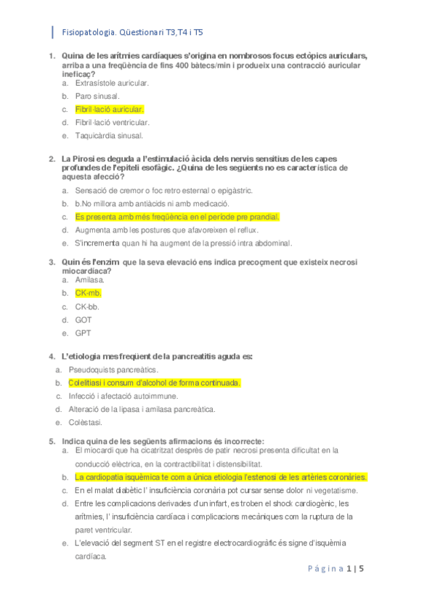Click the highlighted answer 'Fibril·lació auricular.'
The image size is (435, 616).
tap(110, 109)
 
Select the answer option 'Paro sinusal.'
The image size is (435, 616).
tap(97, 96)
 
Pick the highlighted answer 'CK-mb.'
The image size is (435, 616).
tap(88, 293)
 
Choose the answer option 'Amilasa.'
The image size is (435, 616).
tap(90, 280)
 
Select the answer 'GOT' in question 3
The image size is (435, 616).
tap(84, 320)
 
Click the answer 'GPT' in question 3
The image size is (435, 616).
tap(83, 333)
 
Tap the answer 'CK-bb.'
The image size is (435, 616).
tap(87, 307)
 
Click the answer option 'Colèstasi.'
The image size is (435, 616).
tap(85, 422)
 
